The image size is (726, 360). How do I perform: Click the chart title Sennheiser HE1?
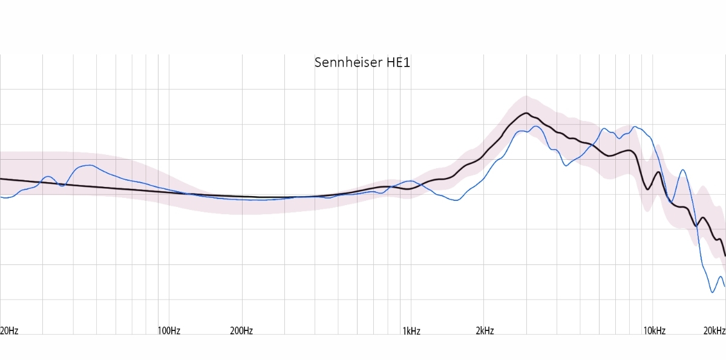click(362, 62)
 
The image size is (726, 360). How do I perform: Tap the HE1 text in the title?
click(398, 62)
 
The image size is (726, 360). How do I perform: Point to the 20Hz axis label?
click(9, 330)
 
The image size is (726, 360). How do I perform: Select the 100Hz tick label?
click(169, 330)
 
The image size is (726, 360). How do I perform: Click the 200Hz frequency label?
click(241, 330)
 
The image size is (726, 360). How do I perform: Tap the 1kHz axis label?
click(411, 330)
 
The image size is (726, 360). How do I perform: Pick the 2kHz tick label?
click(485, 330)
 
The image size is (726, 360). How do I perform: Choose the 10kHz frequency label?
click(655, 330)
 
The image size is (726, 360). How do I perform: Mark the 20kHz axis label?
click(714, 330)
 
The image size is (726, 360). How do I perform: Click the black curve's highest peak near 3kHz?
click(526, 113)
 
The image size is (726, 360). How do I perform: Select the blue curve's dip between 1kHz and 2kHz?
click(456, 200)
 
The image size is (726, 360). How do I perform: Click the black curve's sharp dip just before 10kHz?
click(647, 189)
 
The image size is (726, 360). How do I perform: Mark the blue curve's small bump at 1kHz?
click(411, 181)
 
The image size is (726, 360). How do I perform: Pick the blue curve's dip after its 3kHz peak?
click(566, 165)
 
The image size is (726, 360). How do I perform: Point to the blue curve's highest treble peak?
click(634, 126)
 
